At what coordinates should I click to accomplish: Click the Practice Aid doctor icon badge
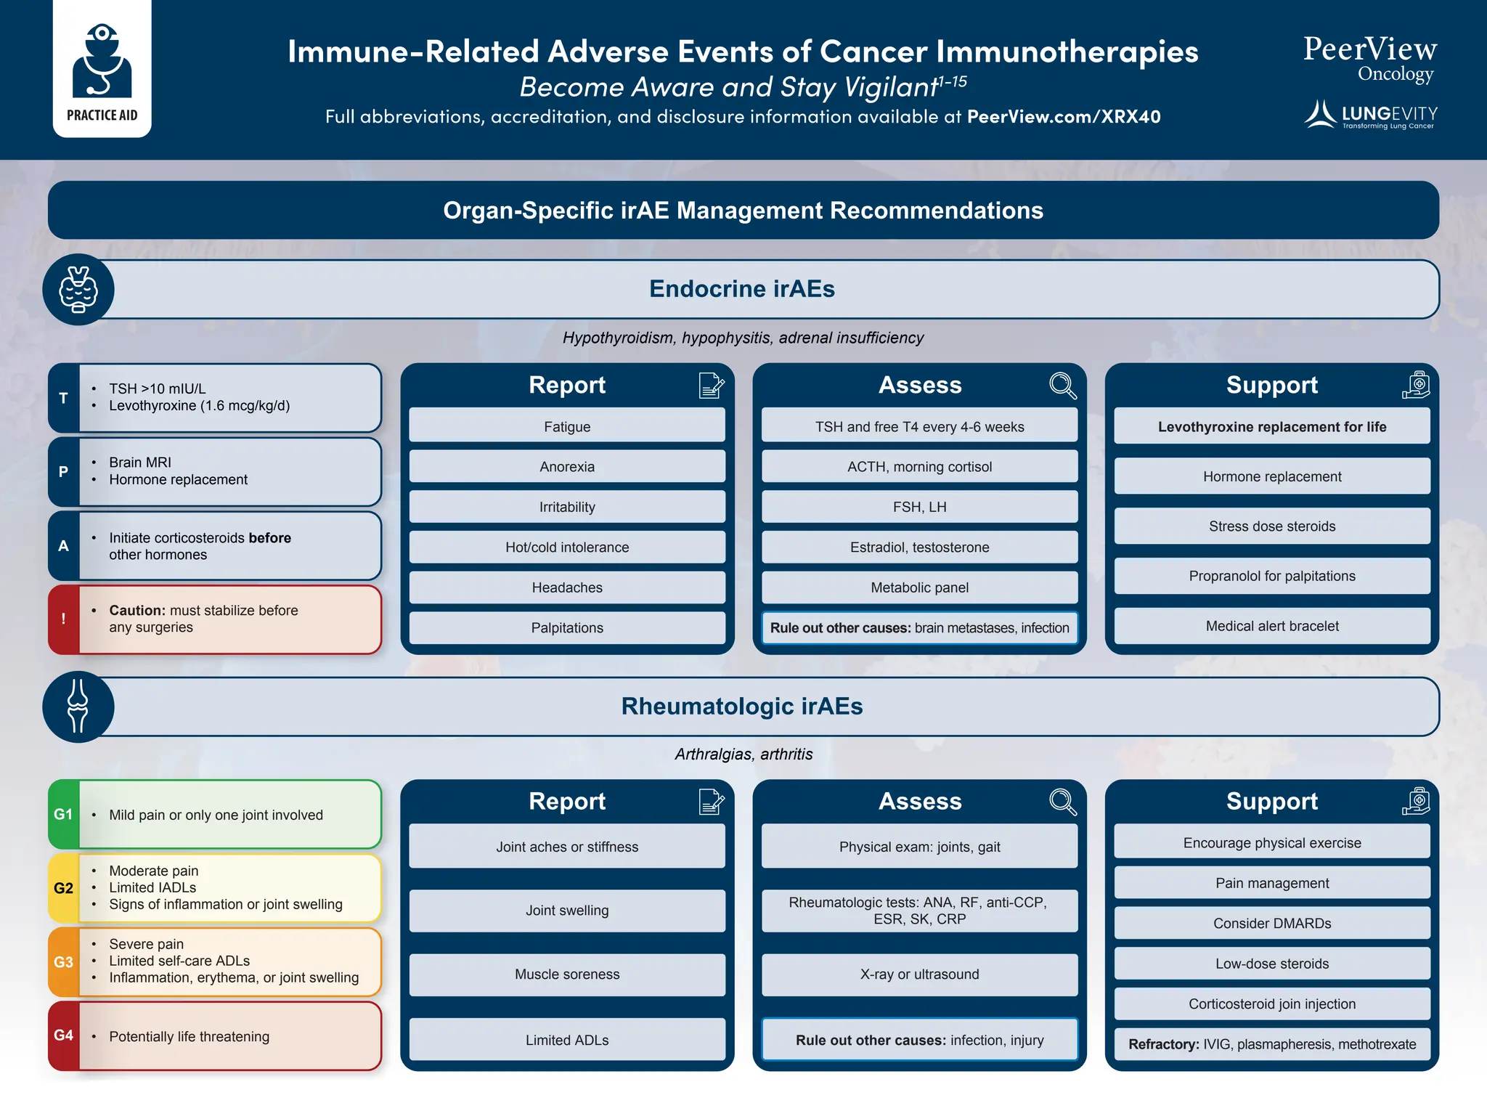tap(102, 69)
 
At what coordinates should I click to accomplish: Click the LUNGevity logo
tap(1371, 115)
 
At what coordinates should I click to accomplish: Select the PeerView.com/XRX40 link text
tap(1064, 117)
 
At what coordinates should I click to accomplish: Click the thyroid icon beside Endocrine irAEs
tap(78, 289)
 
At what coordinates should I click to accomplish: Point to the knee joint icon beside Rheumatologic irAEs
tap(78, 706)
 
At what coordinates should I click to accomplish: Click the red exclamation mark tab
tap(64, 619)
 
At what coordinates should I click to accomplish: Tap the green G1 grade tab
tap(64, 814)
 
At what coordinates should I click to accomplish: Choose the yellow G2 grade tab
tap(64, 888)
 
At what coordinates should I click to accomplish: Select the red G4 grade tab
tap(64, 1035)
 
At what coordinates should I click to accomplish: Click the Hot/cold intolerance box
tap(567, 548)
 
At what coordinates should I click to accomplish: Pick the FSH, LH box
tap(919, 507)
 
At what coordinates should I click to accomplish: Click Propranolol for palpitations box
tap(1271, 576)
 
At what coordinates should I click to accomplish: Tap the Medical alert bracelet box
tap(1271, 626)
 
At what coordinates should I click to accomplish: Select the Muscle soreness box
tap(567, 974)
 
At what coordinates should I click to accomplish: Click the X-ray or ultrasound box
tap(919, 974)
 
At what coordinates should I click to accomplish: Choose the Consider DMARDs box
tap(1271, 924)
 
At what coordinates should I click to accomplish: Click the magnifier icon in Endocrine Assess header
tap(1062, 385)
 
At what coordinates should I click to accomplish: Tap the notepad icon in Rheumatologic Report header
tap(711, 802)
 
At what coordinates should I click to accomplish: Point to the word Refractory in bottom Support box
tap(1163, 1044)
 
